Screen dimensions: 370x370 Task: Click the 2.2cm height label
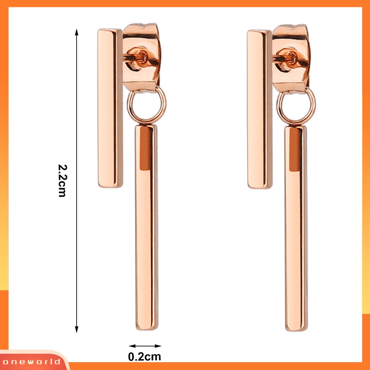point(62,181)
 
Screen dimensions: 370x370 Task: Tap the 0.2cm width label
point(145,357)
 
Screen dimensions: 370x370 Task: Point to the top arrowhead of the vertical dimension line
point(77,32)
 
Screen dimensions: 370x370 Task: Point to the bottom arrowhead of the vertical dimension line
point(77,330)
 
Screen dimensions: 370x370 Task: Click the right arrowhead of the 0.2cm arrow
point(158,346)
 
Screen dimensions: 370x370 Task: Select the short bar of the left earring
point(110,108)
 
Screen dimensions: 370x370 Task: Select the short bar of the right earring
point(260,109)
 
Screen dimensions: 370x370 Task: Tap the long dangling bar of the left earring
point(147,227)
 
